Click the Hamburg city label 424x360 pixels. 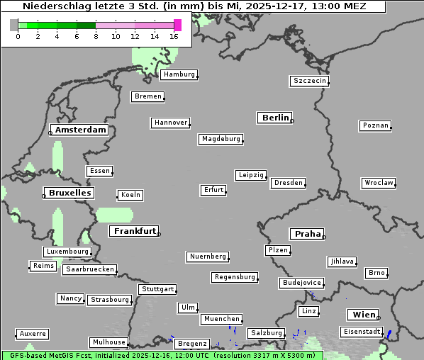[179, 74]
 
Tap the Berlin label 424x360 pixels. [275, 118]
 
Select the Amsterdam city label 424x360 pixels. [80, 130]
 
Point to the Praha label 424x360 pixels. [306, 234]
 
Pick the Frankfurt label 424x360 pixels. [133, 231]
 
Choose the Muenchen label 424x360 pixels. [221, 319]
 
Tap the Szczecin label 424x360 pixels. [310, 81]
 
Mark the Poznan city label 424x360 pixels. [375, 125]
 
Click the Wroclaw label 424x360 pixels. [379, 183]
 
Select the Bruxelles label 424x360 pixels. [68, 193]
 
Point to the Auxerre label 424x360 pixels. [33, 333]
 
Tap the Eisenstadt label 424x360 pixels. [361, 332]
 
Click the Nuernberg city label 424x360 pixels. [208, 256]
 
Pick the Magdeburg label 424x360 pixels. [221, 139]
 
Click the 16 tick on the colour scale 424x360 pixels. [174, 36]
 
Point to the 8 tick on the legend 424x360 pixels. [96, 36]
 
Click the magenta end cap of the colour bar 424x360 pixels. [177, 25]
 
